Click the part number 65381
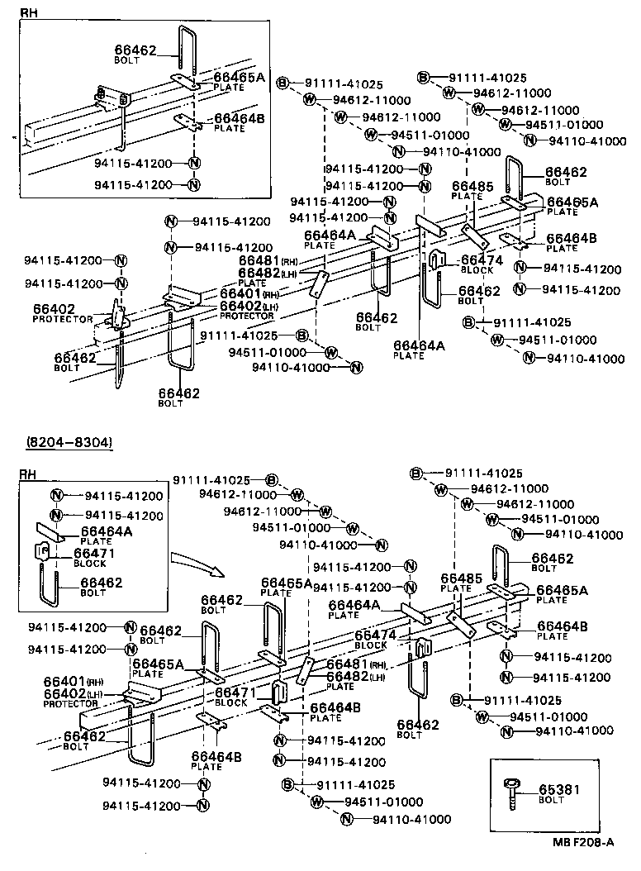pyautogui.click(x=560, y=789)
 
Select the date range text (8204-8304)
pyautogui.click(x=69, y=443)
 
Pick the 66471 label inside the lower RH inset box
pyautogui.click(x=95, y=553)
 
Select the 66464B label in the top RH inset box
pyautogui.click(x=239, y=119)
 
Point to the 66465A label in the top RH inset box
pyautogui.click(x=238, y=77)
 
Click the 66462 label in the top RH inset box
pyautogui.click(x=135, y=50)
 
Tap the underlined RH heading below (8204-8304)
pyautogui.click(x=28, y=474)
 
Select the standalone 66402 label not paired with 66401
pyautogui.click(x=54, y=309)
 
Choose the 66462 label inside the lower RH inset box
pyautogui.click(x=102, y=583)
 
